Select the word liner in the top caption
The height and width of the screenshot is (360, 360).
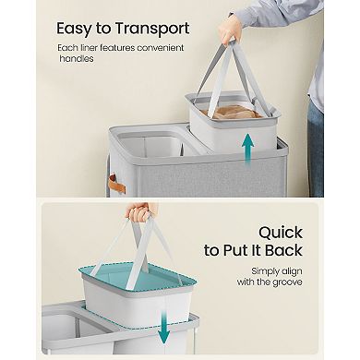coord(102,46)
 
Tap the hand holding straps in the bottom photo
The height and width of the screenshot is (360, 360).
coord(140,214)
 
